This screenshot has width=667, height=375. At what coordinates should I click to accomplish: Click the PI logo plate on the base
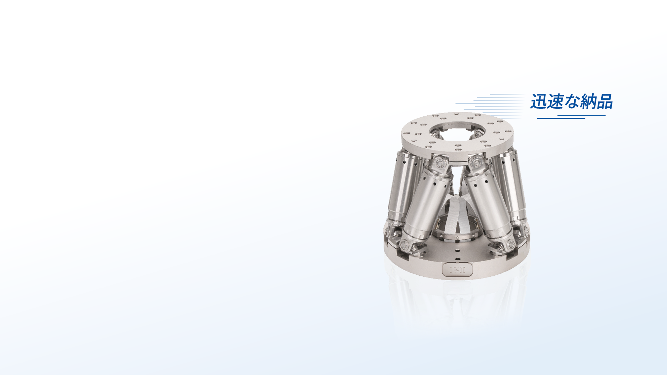click(458, 270)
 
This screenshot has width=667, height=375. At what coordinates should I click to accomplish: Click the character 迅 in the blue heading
click(538, 101)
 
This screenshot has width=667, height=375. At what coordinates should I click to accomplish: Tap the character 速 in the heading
click(555, 101)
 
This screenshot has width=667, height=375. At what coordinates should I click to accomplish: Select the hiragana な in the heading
click(571, 102)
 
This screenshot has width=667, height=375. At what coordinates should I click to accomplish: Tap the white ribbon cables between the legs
click(458, 215)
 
